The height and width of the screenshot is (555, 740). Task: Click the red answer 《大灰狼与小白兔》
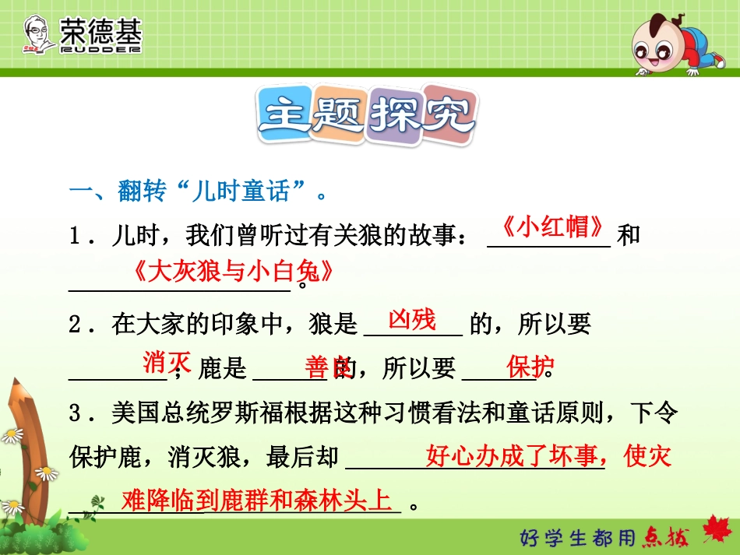tap(234, 271)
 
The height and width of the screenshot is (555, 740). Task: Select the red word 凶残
tap(412, 318)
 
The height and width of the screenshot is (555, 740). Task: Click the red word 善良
tap(327, 367)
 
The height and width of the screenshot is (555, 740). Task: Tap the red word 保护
tap(530, 367)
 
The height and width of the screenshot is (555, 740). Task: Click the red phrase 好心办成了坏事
tap(523, 455)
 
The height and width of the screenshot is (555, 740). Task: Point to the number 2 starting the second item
tap(75, 325)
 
